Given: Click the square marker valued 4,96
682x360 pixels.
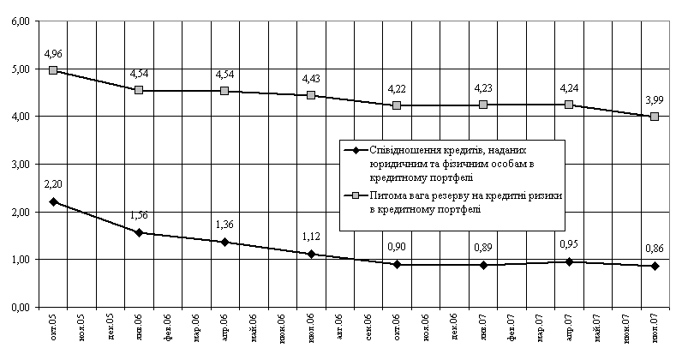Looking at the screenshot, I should (53, 70).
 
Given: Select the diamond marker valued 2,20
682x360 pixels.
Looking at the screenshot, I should (53, 202).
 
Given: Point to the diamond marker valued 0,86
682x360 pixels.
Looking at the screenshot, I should (655, 266).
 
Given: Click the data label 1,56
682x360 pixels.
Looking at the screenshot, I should (139, 218).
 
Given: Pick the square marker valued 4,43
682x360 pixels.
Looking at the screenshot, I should (311, 95).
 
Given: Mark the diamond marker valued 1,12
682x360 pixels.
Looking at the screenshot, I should (311, 254).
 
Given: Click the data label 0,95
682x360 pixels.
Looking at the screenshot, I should (569, 244).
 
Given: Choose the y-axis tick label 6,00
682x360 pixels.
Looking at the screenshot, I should (18, 21).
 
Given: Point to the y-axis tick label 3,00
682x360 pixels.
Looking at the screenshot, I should (18, 164).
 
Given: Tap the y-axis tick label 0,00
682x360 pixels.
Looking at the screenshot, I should (18, 307).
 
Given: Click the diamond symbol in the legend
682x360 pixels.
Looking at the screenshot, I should (354, 151).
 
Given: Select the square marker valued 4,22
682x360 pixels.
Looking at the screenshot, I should (397, 105).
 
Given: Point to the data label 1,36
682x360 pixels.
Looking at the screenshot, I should (224, 227).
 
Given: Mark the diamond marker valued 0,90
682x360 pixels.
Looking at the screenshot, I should (397, 264).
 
